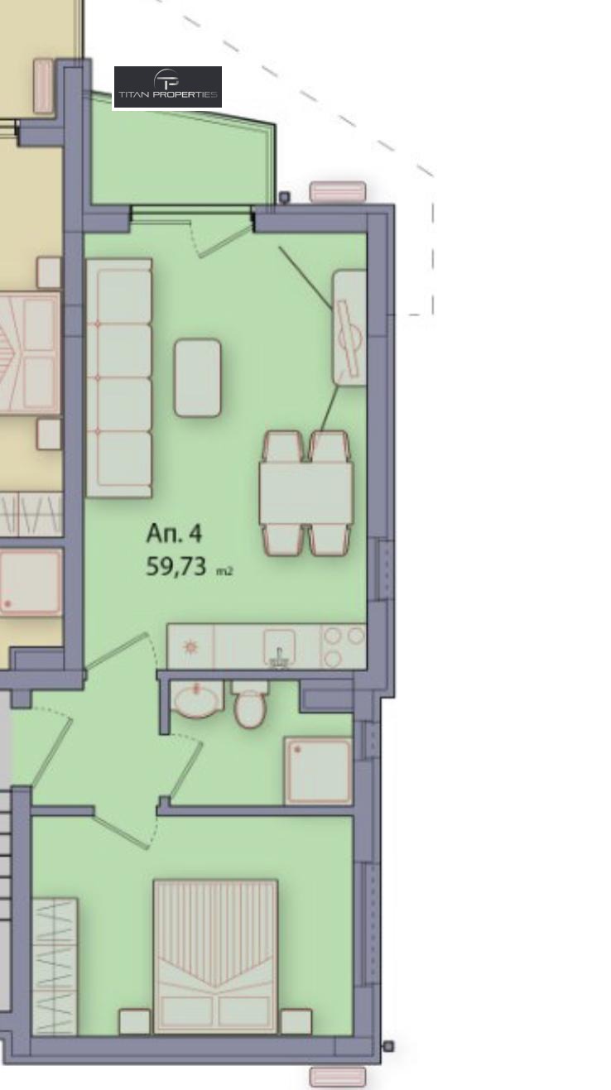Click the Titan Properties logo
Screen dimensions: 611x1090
[x=168, y=87]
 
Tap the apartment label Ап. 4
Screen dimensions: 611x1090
[x=174, y=533]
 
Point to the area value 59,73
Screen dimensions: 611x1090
[x=176, y=566]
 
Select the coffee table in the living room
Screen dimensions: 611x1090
[x=197, y=378]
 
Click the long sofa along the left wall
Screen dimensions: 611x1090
[x=119, y=378]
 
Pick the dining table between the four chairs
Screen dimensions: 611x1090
[x=306, y=493]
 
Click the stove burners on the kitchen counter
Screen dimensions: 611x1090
[x=344, y=646]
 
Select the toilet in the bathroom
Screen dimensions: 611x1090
[x=250, y=703]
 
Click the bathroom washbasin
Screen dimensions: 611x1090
[x=197, y=699]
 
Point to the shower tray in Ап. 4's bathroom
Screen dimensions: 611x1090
[x=319, y=771]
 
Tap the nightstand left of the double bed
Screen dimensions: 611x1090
[x=135, y=1021]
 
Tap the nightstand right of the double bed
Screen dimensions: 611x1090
[x=296, y=1021]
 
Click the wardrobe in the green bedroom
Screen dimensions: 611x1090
[x=54, y=966]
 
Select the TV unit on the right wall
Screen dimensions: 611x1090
[x=349, y=328]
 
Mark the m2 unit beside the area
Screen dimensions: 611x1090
[x=224, y=571]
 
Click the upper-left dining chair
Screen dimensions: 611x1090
[x=283, y=447]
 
